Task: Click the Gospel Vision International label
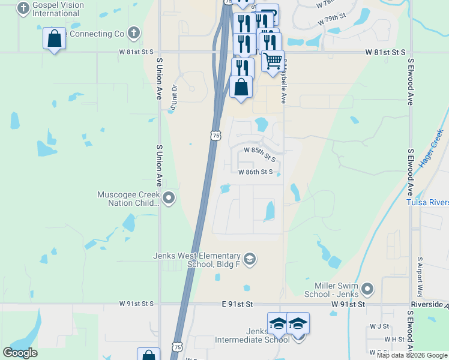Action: (x=59, y=8)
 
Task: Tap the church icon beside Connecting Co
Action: (x=134, y=33)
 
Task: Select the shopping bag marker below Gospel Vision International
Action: (x=54, y=39)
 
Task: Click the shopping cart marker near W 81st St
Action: (x=273, y=60)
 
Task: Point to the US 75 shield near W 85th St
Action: (x=215, y=136)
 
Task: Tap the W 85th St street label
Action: (x=259, y=154)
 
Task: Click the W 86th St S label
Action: (x=256, y=172)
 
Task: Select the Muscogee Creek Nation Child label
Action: (x=129, y=199)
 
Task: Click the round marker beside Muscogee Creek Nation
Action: (x=169, y=197)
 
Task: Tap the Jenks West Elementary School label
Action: (x=197, y=260)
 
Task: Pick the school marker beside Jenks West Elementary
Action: (x=250, y=259)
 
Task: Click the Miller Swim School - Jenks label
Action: (x=337, y=289)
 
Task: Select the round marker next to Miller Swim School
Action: (x=368, y=288)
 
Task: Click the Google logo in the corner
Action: (x=20, y=353)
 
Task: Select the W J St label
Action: (x=379, y=326)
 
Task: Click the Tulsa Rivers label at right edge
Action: (x=427, y=202)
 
